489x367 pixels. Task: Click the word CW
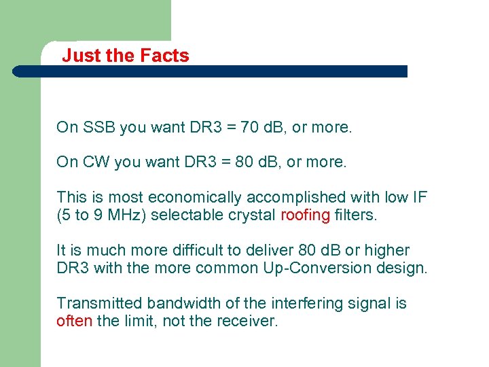click(x=96, y=162)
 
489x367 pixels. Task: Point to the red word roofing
click(x=305, y=215)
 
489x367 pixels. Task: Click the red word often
click(x=74, y=321)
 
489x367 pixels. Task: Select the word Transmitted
click(x=99, y=303)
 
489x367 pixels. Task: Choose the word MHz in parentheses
click(x=127, y=215)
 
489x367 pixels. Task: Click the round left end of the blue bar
click(x=18, y=71)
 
